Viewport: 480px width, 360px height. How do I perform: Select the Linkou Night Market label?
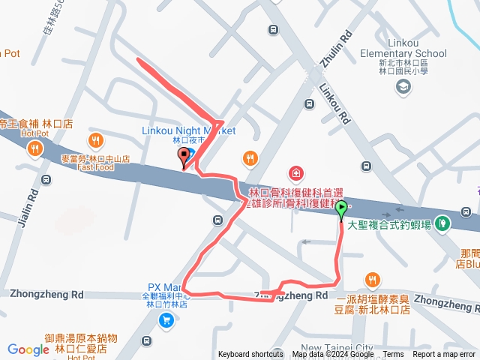click(188, 130)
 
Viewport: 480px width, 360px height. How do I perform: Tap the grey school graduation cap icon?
click(403, 87)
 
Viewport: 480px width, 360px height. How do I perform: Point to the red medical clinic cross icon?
click(296, 174)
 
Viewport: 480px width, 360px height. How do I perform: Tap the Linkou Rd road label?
click(334, 103)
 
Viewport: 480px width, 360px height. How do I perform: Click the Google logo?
click(28, 349)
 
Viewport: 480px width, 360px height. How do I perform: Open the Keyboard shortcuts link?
click(251, 355)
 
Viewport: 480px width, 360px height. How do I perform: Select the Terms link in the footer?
click(393, 355)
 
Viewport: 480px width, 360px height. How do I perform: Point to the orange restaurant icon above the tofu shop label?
click(372, 281)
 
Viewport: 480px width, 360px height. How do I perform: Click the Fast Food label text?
click(94, 167)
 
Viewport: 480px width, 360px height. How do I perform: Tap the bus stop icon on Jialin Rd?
click(46, 180)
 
